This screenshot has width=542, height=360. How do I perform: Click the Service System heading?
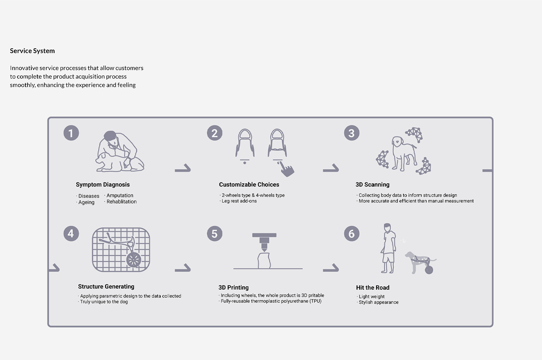tap(32, 51)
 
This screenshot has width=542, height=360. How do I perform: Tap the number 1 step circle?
tap(71, 133)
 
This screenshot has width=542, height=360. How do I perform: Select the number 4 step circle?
tap(71, 233)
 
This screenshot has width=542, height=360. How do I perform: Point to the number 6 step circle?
tap(351, 233)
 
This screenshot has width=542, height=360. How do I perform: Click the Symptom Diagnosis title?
tap(103, 185)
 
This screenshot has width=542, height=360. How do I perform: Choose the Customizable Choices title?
tap(249, 185)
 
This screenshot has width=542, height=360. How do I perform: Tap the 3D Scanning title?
tap(372, 185)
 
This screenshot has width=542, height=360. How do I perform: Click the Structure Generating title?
tap(106, 286)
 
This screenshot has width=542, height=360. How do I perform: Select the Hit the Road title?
tap(373, 288)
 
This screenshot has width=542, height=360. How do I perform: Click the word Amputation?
tap(120, 195)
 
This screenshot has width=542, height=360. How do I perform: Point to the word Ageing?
tap(86, 202)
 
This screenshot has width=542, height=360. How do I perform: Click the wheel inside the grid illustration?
tap(134, 260)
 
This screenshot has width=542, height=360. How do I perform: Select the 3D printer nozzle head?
tap(264, 242)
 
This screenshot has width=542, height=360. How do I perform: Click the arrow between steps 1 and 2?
tap(183, 168)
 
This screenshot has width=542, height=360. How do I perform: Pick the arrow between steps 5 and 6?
tap(331, 268)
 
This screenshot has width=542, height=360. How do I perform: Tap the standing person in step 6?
tap(388, 249)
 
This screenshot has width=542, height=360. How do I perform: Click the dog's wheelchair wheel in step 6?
tap(429, 270)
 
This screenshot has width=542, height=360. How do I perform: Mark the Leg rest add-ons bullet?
tap(238, 201)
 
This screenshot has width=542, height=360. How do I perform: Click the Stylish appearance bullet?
tap(378, 302)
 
